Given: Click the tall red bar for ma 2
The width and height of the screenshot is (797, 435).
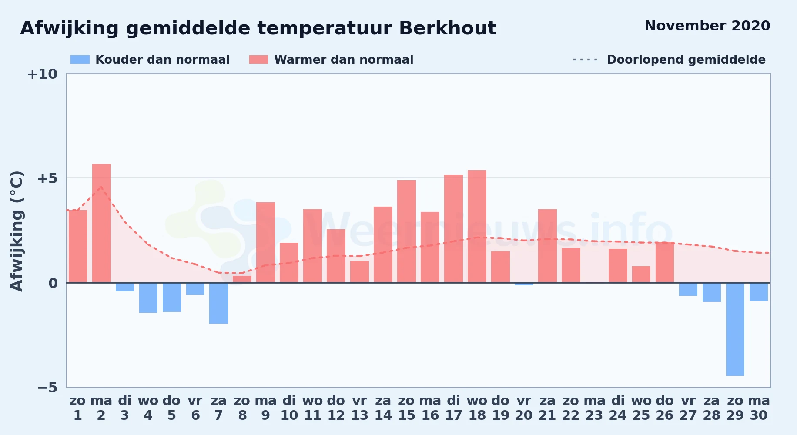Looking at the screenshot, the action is click(x=101, y=223).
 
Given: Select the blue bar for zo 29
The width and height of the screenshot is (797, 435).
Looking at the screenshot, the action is click(x=735, y=329).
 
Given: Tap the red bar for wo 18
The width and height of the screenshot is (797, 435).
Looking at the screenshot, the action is click(x=477, y=226).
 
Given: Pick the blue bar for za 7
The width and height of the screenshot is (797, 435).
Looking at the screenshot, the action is click(x=218, y=303).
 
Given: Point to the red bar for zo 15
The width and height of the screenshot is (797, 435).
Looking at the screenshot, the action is click(x=406, y=231).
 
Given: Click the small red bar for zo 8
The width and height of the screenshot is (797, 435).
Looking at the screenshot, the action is click(x=242, y=279).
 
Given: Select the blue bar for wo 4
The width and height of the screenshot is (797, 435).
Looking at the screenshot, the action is click(x=148, y=298).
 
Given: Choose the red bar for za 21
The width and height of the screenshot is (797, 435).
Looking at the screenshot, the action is click(x=547, y=246).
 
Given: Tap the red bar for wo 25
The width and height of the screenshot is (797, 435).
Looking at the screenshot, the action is click(x=641, y=274).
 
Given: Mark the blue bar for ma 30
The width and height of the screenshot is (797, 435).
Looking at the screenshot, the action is click(x=759, y=292).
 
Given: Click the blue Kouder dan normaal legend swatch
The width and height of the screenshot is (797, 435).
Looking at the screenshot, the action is click(x=80, y=60).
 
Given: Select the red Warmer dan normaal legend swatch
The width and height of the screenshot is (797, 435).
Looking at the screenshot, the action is click(x=259, y=60).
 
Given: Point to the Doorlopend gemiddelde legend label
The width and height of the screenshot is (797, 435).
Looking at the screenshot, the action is click(x=686, y=60).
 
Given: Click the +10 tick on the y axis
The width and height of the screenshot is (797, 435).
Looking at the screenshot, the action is click(x=42, y=74).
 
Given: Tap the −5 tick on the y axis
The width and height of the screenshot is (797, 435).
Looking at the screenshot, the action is click(x=47, y=387).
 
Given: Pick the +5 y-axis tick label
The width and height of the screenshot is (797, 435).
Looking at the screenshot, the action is click(x=47, y=178).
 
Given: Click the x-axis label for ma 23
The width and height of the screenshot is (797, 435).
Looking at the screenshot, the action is click(x=594, y=408).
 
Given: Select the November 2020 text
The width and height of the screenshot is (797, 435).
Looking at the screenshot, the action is click(x=707, y=26).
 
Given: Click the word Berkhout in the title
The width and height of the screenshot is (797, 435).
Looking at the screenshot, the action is click(x=447, y=28).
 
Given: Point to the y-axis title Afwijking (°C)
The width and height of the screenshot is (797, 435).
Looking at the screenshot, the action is click(x=17, y=231).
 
